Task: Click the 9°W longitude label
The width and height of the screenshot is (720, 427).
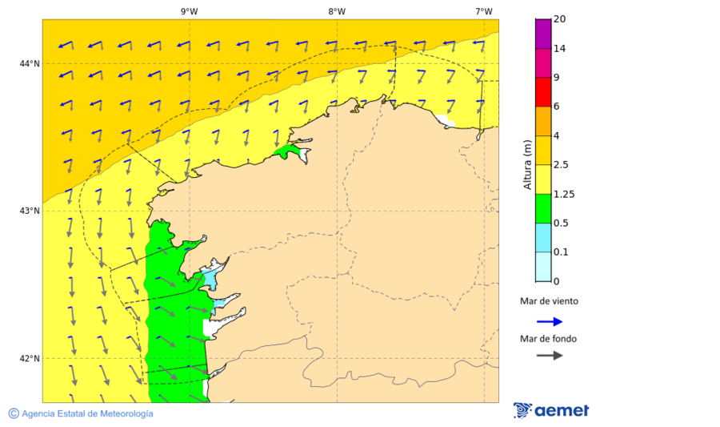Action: pos(189,11)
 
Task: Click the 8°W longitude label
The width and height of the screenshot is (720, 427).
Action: pos(337,11)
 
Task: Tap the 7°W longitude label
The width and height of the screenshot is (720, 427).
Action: pos(483,11)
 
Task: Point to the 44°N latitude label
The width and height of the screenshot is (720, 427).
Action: pos(30,63)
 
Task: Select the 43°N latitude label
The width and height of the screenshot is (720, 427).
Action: pos(30,211)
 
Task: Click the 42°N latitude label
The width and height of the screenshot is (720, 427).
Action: pos(30,358)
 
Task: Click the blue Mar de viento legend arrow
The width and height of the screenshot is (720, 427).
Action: pos(550,321)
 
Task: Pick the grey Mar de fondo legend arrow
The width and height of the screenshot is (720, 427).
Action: pos(550,355)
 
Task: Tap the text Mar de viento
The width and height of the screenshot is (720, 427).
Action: pos(549,301)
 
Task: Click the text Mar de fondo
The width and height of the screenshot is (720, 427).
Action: pos(549,338)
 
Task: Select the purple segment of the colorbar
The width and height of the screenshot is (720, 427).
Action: pos(543,34)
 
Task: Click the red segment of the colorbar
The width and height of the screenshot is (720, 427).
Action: pos(543,92)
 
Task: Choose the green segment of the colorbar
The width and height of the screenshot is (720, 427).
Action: pos(543,208)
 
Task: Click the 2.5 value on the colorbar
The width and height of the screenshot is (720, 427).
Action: pos(562,165)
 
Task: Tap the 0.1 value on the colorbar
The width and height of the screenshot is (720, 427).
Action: pos(562,252)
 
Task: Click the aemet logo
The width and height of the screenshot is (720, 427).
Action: pos(551,410)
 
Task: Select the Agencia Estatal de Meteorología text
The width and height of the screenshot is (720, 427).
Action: pos(87,413)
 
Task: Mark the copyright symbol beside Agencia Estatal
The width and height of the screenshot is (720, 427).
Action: pos(14,413)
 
